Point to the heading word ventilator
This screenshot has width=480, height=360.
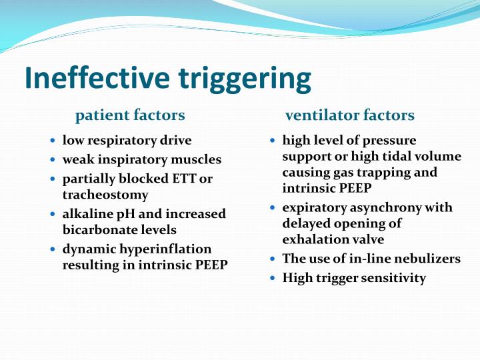click(x=318, y=115)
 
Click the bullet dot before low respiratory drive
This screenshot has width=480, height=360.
click(x=53, y=141)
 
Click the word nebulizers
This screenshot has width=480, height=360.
click(x=425, y=258)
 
